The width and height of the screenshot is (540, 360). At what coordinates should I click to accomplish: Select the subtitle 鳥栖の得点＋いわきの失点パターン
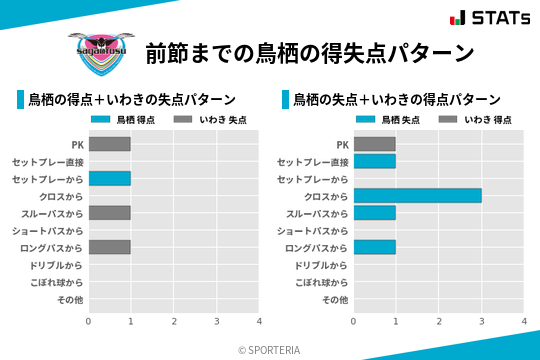click(x=131, y=100)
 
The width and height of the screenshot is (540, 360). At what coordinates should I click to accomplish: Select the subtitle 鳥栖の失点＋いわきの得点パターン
click(x=396, y=100)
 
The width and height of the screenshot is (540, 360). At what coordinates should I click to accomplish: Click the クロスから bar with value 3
click(x=417, y=196)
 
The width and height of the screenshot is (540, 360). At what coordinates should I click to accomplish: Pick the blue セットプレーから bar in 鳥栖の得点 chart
click(x=109, y=178)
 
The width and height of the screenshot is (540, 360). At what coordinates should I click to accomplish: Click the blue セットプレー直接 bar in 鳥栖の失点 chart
click(x=374, y=161)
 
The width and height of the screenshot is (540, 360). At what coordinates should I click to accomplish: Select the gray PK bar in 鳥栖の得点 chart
click(x=109, y=144)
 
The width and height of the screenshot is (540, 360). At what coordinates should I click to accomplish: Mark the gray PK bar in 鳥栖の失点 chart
click(x=374, y=144)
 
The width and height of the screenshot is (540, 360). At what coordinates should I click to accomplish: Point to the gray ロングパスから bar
click(x=109, y=247)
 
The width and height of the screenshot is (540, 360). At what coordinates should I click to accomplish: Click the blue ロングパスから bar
click(x=374, y=247)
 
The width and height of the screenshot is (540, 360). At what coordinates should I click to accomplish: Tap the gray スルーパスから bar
click(x=109, y=213)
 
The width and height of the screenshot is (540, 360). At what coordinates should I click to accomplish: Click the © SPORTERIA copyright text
click(x=270, y=350)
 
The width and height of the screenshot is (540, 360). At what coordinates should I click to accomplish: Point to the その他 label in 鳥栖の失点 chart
click(x=334, y=299)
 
